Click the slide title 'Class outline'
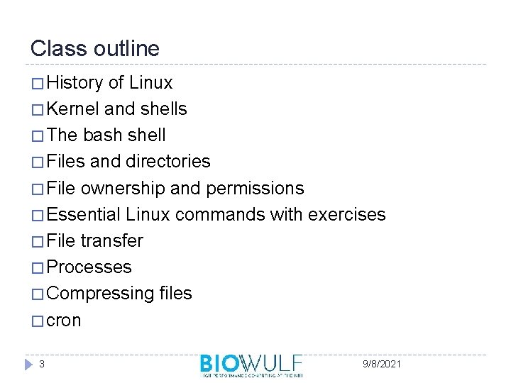[95, 49]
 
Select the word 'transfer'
[111, 240]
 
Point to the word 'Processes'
[89, 267]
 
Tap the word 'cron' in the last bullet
[64, 321]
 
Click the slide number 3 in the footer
[43, 364]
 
